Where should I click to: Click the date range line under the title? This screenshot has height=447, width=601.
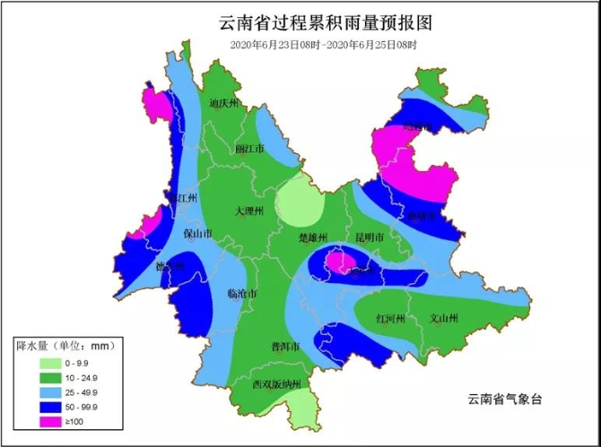pyautogui.click(x=324, y=44)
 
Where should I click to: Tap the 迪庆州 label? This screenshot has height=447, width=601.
pyautogui.click(x=224, y=104)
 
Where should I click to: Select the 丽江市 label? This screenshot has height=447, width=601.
pyautogui.click(x=249, y=149)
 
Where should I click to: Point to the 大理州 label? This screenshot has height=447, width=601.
pyautogui.click(x=248, y=211)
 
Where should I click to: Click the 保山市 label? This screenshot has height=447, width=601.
pyautogui.click(x=197, y=234)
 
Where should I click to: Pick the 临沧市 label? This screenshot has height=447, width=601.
pyautogui.click(x=242, y=294)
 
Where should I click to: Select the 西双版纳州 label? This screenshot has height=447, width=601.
pyautogui.click(x=280, y=384)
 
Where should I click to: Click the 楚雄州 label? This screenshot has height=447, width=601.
pyautogui.click(x=313, y=238)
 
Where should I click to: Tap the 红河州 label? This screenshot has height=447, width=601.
pyautogui.click(x=391, y=319)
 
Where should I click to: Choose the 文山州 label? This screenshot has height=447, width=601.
pyautogui.click(x=444, y=319)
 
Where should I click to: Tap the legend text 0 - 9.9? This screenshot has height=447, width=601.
pyautogui.click(x=74, y=362)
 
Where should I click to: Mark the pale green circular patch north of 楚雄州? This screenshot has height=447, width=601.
pyautogui.click(x=300, y=202)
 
